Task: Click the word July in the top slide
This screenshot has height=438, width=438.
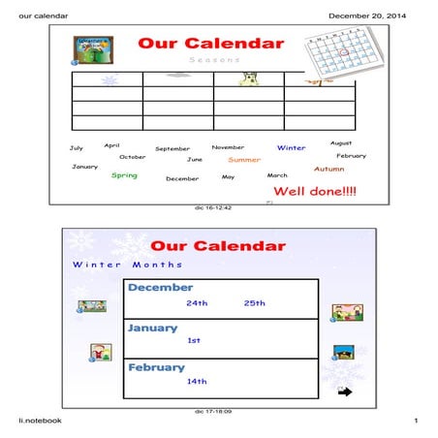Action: pos(77,148)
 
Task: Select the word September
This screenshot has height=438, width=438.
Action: pos(172,149)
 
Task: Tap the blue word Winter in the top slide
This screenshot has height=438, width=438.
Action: pos(291,148)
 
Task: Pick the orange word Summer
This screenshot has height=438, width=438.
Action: pos(244,160)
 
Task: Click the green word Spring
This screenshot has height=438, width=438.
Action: pos(124,175)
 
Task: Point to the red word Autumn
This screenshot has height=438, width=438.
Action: pos(328,169)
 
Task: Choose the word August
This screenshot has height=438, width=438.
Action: pos(341,143)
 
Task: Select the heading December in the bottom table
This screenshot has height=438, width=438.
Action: pos(160,288)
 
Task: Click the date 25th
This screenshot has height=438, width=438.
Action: pos(254,303)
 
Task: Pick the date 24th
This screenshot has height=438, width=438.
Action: pos(198,303)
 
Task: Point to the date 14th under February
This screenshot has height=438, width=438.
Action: pos(198,382)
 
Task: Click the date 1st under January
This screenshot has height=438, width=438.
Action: pos(194,341)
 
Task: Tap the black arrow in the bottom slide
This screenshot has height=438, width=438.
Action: pos(344,391)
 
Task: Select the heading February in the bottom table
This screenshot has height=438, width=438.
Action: pos(156,368)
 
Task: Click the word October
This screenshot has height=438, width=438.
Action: pos(133,157)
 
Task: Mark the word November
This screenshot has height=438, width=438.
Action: pos(228,147)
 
